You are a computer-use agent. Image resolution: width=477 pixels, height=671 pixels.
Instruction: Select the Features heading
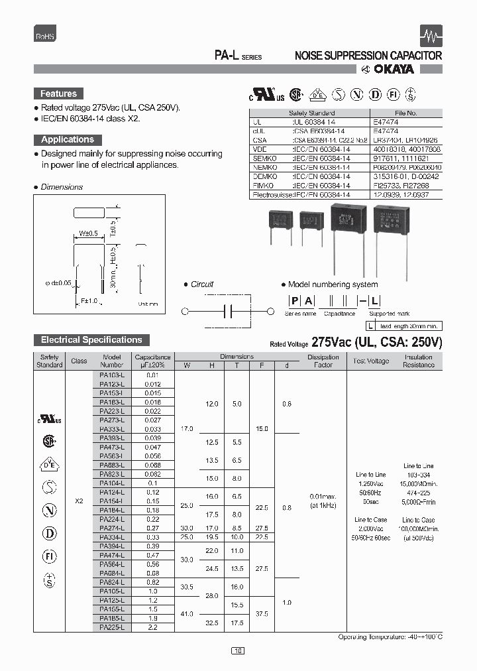click(58, 93)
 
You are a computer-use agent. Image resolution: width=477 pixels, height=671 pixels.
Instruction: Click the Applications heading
click(68, 139)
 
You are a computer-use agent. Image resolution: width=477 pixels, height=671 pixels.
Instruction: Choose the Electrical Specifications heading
click(91, 339)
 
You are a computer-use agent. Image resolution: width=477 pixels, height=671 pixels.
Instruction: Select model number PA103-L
click(112, 375)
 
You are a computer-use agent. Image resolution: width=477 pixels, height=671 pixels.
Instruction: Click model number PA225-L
click(112, 627)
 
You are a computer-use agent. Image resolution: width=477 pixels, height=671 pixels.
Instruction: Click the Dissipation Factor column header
click(323, 361)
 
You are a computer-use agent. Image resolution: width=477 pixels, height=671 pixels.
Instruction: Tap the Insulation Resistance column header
click(418, 361)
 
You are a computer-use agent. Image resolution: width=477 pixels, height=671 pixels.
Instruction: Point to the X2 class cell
click(79, 501)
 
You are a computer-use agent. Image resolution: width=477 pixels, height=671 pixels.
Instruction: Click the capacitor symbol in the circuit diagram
click(227, 311)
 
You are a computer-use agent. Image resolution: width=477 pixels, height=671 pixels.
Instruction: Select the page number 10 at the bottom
click(238, 651)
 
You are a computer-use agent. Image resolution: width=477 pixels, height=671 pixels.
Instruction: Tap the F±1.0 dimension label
click(87, 300)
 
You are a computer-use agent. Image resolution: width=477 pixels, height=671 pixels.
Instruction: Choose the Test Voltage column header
click(371, 361)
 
